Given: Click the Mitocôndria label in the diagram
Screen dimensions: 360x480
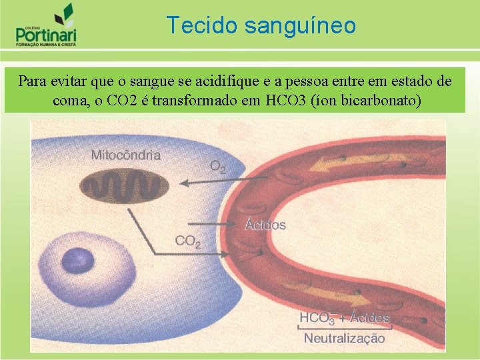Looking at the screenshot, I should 125,155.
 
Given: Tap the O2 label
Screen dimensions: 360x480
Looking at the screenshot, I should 218,166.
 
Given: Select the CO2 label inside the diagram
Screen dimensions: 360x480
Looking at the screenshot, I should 187,241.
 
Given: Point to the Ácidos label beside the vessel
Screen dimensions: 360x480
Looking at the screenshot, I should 265,225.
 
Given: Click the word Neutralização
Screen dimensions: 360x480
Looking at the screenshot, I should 344,338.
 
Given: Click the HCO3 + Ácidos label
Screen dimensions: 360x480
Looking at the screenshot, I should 344,318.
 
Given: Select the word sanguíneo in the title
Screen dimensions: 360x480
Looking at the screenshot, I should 300,27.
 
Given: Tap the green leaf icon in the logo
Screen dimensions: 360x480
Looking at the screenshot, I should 65,13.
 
